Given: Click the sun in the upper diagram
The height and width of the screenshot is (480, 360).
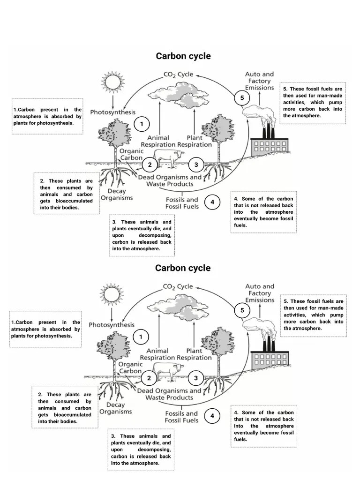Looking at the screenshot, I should click(x=112, y=82).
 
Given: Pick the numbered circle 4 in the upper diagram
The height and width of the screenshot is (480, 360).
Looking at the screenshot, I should click(x=212, y=202).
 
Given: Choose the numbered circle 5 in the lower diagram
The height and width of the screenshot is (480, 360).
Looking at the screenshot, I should click(x=242, y=310).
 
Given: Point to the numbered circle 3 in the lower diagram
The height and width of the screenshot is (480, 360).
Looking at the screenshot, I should click(x=196, y=378).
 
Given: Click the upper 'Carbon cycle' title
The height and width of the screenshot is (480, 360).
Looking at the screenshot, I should click(x=183, y=56).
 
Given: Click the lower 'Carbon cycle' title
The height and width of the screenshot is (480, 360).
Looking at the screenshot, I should click(x=183, y=268).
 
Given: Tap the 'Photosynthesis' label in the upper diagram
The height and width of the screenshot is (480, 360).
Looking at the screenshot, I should click(x=112, y=112).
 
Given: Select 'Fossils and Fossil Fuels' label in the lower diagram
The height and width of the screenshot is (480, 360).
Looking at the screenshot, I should click(x=181, y=417).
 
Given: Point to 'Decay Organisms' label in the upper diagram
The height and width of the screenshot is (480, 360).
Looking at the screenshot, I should click(x=117, y=195).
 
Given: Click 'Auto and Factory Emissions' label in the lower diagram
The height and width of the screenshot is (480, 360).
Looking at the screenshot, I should click(x=260, y=293).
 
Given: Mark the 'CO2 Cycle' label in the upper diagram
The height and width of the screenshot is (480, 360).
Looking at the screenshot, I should click(x=178, y=75).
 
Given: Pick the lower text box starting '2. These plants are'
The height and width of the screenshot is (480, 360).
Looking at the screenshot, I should click(x=65, y=407).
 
